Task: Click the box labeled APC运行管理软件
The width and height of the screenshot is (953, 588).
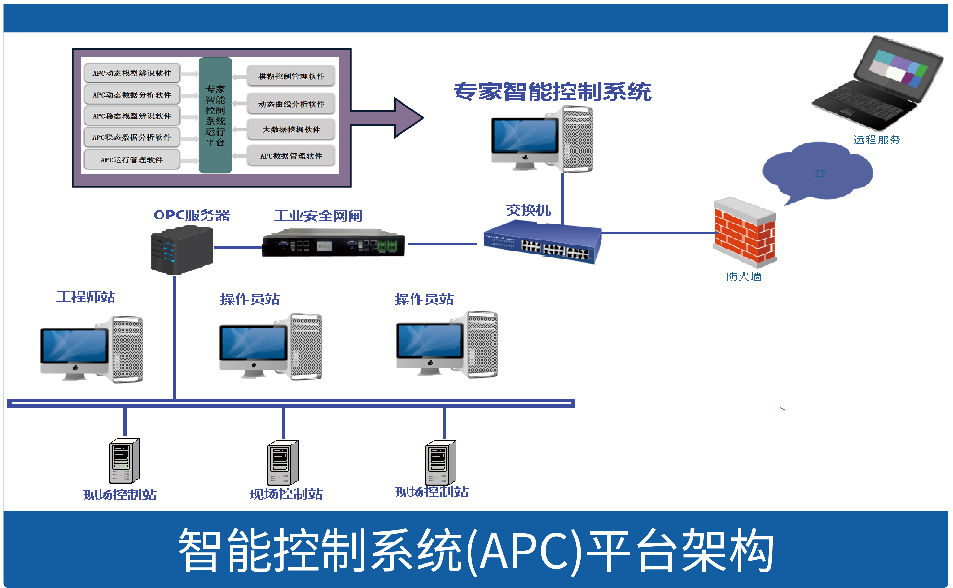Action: coord(132,159)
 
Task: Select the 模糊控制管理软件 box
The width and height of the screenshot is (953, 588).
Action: coord(291,76)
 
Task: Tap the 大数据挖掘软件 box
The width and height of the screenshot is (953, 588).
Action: coord(291,129)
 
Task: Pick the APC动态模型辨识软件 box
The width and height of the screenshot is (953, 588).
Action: coord(132,73)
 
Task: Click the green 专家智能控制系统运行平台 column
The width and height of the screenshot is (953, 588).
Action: coord(215,115)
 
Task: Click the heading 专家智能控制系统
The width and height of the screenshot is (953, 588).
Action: coord(552,92)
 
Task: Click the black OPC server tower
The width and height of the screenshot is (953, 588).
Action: coord(182,250)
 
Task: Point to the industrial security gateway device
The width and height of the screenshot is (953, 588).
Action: coord(333,243)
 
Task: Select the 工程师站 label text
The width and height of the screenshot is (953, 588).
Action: coord(85,297)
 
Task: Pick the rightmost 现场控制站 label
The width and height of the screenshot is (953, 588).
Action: coord(432,492)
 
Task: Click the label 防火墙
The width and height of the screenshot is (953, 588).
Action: coord(743,276)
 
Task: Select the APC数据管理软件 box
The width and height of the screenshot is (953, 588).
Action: coord(291,156)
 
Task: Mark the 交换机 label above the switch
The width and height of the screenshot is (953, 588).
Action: coord(528,210)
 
